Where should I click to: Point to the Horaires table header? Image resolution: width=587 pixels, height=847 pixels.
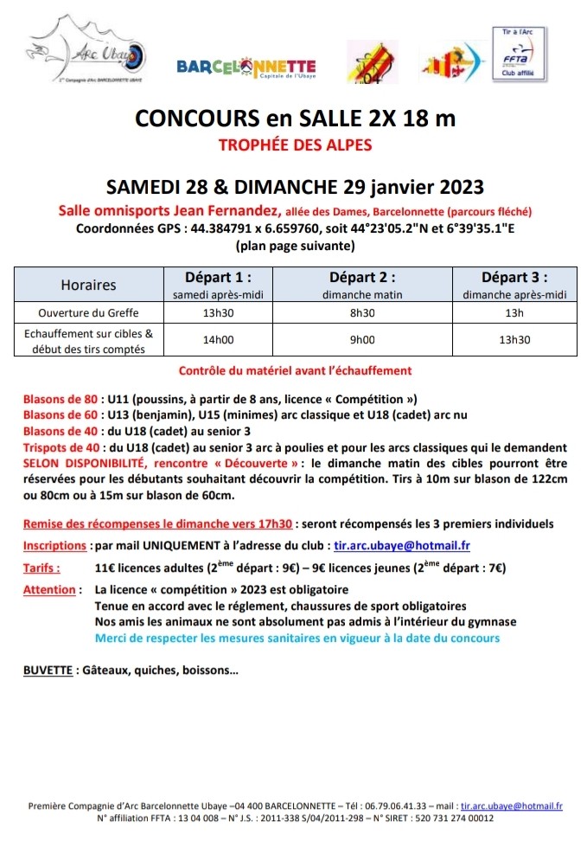point(88,285)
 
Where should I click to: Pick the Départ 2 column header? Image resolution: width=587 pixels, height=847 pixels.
point(362,278)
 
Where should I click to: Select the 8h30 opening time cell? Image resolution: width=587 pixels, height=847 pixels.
point(362,312)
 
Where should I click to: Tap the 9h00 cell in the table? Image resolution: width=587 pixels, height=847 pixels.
point(362,340)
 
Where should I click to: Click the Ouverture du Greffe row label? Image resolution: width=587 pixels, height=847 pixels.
point(88,312)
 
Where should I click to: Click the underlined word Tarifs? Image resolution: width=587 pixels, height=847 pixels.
point(41,568)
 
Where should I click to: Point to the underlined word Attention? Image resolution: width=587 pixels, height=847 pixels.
point(49,590)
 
